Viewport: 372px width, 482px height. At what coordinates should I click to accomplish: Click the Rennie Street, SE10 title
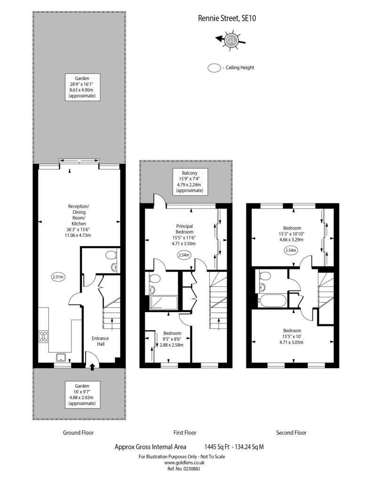(227, 18)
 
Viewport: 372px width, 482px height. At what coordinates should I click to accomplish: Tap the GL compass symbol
(231, 40)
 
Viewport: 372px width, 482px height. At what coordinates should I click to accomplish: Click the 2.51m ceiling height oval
(58, 277)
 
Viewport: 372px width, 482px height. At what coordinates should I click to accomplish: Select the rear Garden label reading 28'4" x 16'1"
(82, 87)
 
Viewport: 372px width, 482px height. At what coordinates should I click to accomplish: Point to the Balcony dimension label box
(190, 182)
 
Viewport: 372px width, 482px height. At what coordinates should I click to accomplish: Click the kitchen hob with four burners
(43, 336)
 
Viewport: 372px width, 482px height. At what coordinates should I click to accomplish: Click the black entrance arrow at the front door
(92, 367)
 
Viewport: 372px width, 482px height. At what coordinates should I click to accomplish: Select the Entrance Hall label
(101, 341)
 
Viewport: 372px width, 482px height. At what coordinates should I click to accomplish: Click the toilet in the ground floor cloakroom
(111, 255)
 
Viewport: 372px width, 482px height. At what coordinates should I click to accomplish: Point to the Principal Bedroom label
(184, 229)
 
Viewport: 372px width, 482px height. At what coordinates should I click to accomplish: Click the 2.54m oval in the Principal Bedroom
(184, 255)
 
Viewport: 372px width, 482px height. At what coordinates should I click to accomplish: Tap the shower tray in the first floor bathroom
(163, 303)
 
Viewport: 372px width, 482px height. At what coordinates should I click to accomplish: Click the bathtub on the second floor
(272, 300)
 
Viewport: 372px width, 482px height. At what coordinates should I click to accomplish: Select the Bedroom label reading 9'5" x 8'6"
(172, 339)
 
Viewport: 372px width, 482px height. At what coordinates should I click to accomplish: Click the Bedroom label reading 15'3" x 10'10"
(292, 233)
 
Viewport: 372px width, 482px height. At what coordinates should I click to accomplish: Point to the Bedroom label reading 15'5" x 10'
(292, 336)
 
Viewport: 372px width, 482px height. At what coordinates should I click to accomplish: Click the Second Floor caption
(291, 433)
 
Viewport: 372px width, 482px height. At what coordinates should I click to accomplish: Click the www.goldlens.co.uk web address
(184, 463)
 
